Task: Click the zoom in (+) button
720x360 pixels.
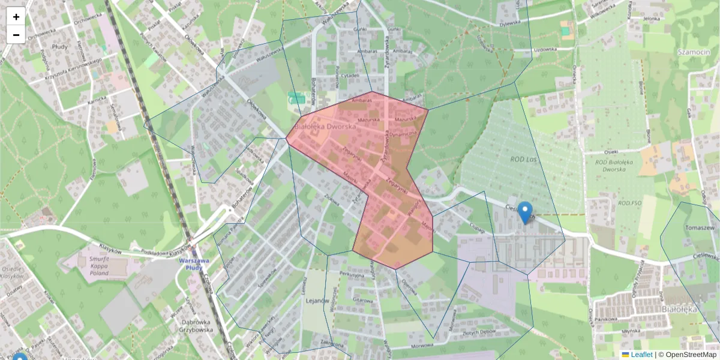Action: pos(16,17)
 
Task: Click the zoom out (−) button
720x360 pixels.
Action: pos(16,35)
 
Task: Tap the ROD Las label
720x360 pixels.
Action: pos(523,158)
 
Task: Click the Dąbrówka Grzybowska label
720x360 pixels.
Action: pos(197,325)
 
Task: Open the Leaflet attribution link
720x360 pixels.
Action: pos(641,355)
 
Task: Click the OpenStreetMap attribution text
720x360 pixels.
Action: pos(691,355)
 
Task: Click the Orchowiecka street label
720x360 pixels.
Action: pos(70,26)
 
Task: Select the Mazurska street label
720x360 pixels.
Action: pos(369,119)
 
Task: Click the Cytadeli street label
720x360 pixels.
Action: pos(349,76)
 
